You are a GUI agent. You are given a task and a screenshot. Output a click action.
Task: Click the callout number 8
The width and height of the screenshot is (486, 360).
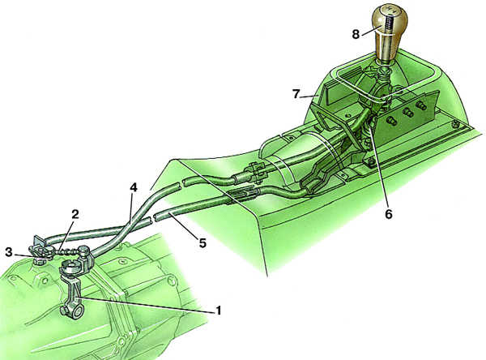point(356,34)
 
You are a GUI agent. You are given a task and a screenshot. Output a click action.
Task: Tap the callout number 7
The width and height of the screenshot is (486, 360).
point(296,93)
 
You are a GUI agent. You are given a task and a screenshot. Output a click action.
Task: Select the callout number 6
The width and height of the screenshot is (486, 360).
point(389,214)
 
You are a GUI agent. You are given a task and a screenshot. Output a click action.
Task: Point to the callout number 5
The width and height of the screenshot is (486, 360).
point(202,243)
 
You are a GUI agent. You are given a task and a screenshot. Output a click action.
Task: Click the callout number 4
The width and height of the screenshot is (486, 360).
point(134,187)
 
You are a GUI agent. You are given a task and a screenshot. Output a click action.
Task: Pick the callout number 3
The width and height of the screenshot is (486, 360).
point(9,252)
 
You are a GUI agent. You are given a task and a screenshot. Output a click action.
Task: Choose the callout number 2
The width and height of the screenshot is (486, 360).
point(75,214)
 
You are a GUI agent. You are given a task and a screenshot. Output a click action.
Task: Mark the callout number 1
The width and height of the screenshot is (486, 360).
point(219,310)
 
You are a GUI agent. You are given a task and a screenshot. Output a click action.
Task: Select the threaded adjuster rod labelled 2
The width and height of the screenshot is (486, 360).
point(65,251)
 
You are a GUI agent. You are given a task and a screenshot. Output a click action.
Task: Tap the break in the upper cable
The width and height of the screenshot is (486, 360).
point(181,184)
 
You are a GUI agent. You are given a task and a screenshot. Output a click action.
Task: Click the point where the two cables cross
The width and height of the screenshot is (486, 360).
point(130,221)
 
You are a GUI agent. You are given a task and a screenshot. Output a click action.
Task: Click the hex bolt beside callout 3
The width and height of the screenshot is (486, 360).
point(40,260)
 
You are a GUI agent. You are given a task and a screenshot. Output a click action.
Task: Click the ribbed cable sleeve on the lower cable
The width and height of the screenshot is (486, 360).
point(243,195)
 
